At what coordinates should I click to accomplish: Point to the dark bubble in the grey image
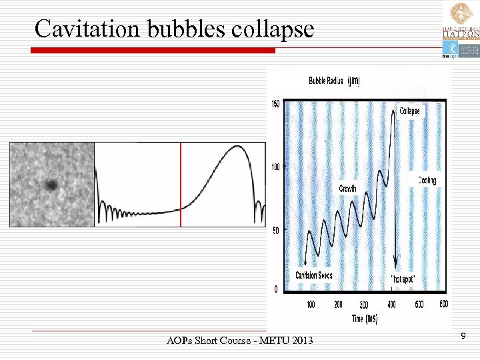pyautogui.click(x=51, y=185)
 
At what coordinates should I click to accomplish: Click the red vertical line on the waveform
pyautogui.click(x=181, y=185)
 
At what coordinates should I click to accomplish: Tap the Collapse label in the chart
pyautogui.click(x=409, y=111)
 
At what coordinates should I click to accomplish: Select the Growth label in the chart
pyautogui.click(x=348, y=189)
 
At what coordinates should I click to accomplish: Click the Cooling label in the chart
pyautogui.click(x=427, y=180)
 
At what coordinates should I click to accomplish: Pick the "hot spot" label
pyautogui.click(x=402, y=279)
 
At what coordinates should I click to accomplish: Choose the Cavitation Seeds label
pyautogui.click(x=314, y=275)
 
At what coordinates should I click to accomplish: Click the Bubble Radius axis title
pyautogui.click(x=334, y=81)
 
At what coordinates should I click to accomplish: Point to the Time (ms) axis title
pyautogui.click(x=365, y=319)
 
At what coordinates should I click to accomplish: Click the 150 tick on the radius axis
pyautogui.click(x=274, y=103)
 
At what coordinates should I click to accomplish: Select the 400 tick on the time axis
pyautogui.click(x=391, y=305)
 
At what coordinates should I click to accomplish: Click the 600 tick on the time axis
pyautogui.click(x=443, y=305)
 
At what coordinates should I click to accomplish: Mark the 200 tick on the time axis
pyautogui.click(x=338, y=305)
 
